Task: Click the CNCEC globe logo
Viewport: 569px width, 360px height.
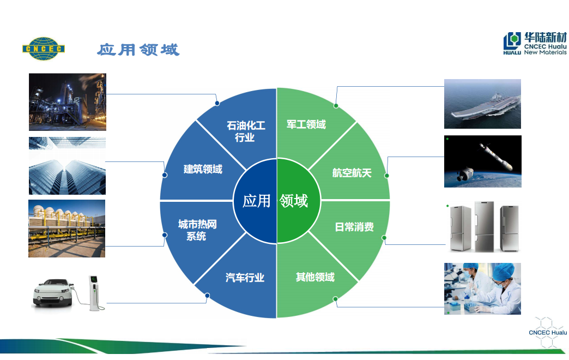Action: click(x=44, y=49)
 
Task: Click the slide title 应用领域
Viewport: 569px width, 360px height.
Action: click(x=138, y=50)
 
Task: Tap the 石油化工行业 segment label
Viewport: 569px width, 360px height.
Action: click(x=246, y=131)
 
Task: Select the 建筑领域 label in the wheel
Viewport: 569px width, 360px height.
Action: click(x=203, y=169)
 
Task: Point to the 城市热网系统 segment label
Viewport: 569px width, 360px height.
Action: click(x=197, y=230)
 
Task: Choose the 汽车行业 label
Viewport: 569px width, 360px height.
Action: click(x=245, y=278)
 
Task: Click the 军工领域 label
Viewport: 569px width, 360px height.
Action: click(x=306, y=124)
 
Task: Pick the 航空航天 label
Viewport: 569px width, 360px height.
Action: click(x=352, y=173)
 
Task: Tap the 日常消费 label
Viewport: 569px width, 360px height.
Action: click(x=354, y=227)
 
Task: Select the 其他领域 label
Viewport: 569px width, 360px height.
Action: click(x=315, y=277)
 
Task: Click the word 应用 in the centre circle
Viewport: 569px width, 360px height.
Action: click(x=257, y=201)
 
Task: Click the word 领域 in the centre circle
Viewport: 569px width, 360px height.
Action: click(x=294, y=201)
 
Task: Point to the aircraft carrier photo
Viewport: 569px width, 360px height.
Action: click(x=482, y=104)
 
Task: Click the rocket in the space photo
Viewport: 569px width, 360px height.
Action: click(x=496, y=157)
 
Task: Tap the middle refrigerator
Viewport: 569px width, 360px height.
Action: click(x=484, y=226)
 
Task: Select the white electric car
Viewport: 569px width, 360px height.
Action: click(x=53, y=292)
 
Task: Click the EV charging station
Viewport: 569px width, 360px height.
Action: click(x=94, y=293)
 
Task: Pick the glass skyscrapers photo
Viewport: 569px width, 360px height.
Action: click(x=67, y=166)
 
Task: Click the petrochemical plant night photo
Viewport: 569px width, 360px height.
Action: click(x=68, y=102)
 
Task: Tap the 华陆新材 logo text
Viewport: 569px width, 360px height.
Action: click(x=545, y=37)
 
